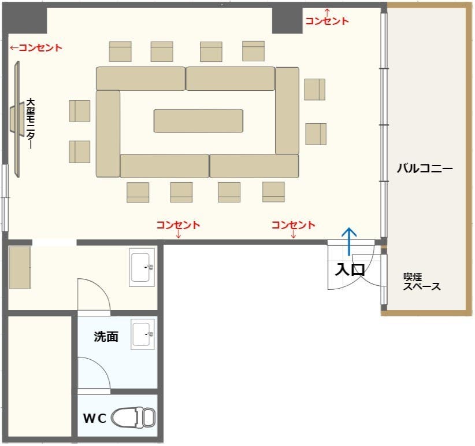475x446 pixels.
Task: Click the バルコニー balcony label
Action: pyautogui.click(x=425, y=169)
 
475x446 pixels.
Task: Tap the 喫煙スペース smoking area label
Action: pyautogui.click(x=422, y=282)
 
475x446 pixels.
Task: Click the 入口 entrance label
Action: pyautogui.click(x=350, y=270)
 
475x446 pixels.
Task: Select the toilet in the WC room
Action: pyautogui.click(x=133, y=417)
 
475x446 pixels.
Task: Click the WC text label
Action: pyautogui.click(x=95, y=418)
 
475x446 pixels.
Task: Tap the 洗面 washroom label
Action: pyautogui.click(x=106, y=337)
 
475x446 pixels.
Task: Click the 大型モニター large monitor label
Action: pyautogui.click(x=30, y=124)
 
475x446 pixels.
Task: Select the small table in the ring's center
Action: pyautogui.click(x=198, y=120)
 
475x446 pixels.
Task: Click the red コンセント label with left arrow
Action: pyautogui.click(x=36, y=48)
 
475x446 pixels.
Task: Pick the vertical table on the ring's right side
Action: pyautogui.click(x=287, y=110)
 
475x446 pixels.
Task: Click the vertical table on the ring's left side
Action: pyautogui.click(x=108, y=133)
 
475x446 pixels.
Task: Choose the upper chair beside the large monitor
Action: pyautogui.click(x=80, y=110)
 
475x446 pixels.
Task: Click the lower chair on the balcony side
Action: pyautogui.click(x=316, y=134)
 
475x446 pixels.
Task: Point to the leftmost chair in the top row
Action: pyautogui.click(x=120, y=51)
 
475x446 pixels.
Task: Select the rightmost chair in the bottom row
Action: pyautogui.click(x=273, y=192)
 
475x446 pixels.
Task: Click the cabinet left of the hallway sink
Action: pyautogui.click(x=20, y=267)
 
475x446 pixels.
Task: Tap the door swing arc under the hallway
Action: pyautogui.click(x=94, y=294)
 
